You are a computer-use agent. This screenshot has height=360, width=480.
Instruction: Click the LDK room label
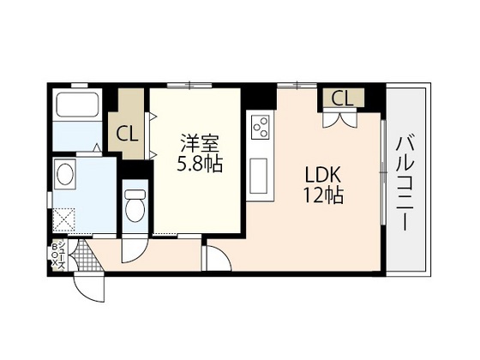tap(323, 175)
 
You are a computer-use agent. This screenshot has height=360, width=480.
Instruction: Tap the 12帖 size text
tap(323, 195)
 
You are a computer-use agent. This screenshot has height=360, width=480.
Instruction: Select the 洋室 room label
tap(200, 143)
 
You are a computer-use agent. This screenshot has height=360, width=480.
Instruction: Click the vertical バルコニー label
tap(405, 183)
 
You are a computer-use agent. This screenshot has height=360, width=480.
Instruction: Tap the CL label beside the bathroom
tap(127, 135)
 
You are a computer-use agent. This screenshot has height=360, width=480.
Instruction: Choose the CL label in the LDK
tap(342, 99)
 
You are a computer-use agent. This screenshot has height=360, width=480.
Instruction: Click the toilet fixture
tap(135, 206)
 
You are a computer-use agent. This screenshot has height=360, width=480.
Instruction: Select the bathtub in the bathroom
tap(78, 105)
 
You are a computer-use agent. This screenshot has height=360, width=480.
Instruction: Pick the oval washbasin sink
tap(64, 174)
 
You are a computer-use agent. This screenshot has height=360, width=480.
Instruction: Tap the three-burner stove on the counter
tap(261, 127)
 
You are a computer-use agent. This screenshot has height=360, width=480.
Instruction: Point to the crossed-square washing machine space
tap(64, 219)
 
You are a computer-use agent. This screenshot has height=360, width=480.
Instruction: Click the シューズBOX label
tap(58, 254)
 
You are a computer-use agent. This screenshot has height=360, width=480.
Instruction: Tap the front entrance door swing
tap(89, 287)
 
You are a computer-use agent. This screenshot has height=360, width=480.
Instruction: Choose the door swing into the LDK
tap(218, 256)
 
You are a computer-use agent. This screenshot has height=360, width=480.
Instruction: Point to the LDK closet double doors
tap(339, 120)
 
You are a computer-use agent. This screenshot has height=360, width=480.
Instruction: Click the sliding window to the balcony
tap(383, 172)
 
